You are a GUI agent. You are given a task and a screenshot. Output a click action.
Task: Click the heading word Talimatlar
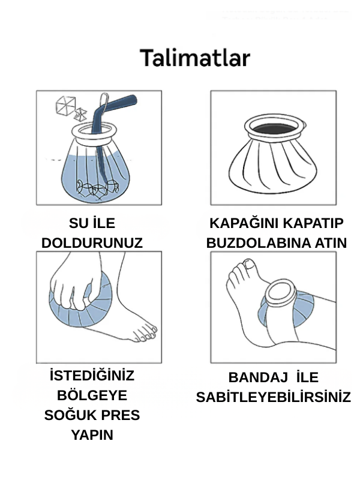click(x=195, y=58)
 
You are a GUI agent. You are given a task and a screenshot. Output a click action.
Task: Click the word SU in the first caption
click(x=78, y=224)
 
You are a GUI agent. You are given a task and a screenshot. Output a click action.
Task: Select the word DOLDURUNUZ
click(x=92, y=243)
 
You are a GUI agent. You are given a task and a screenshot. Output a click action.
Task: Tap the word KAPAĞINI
click(x=245, y=224)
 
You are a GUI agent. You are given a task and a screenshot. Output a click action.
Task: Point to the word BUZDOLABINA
click(x=256, y=243)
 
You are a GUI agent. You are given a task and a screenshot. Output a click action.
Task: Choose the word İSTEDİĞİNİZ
click(x=92, y=376)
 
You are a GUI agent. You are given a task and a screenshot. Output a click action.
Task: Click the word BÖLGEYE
click(x=92, y=396)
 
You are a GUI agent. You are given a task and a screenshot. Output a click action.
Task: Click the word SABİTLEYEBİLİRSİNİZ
click(x=273, y=398)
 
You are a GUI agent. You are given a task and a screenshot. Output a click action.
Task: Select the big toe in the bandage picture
click(x=248, y=264)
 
